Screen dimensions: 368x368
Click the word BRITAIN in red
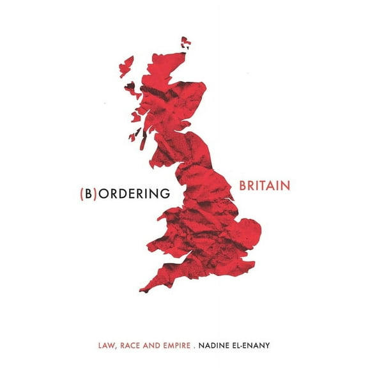point(265,186)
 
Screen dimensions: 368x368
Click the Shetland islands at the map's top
point(186,43)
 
